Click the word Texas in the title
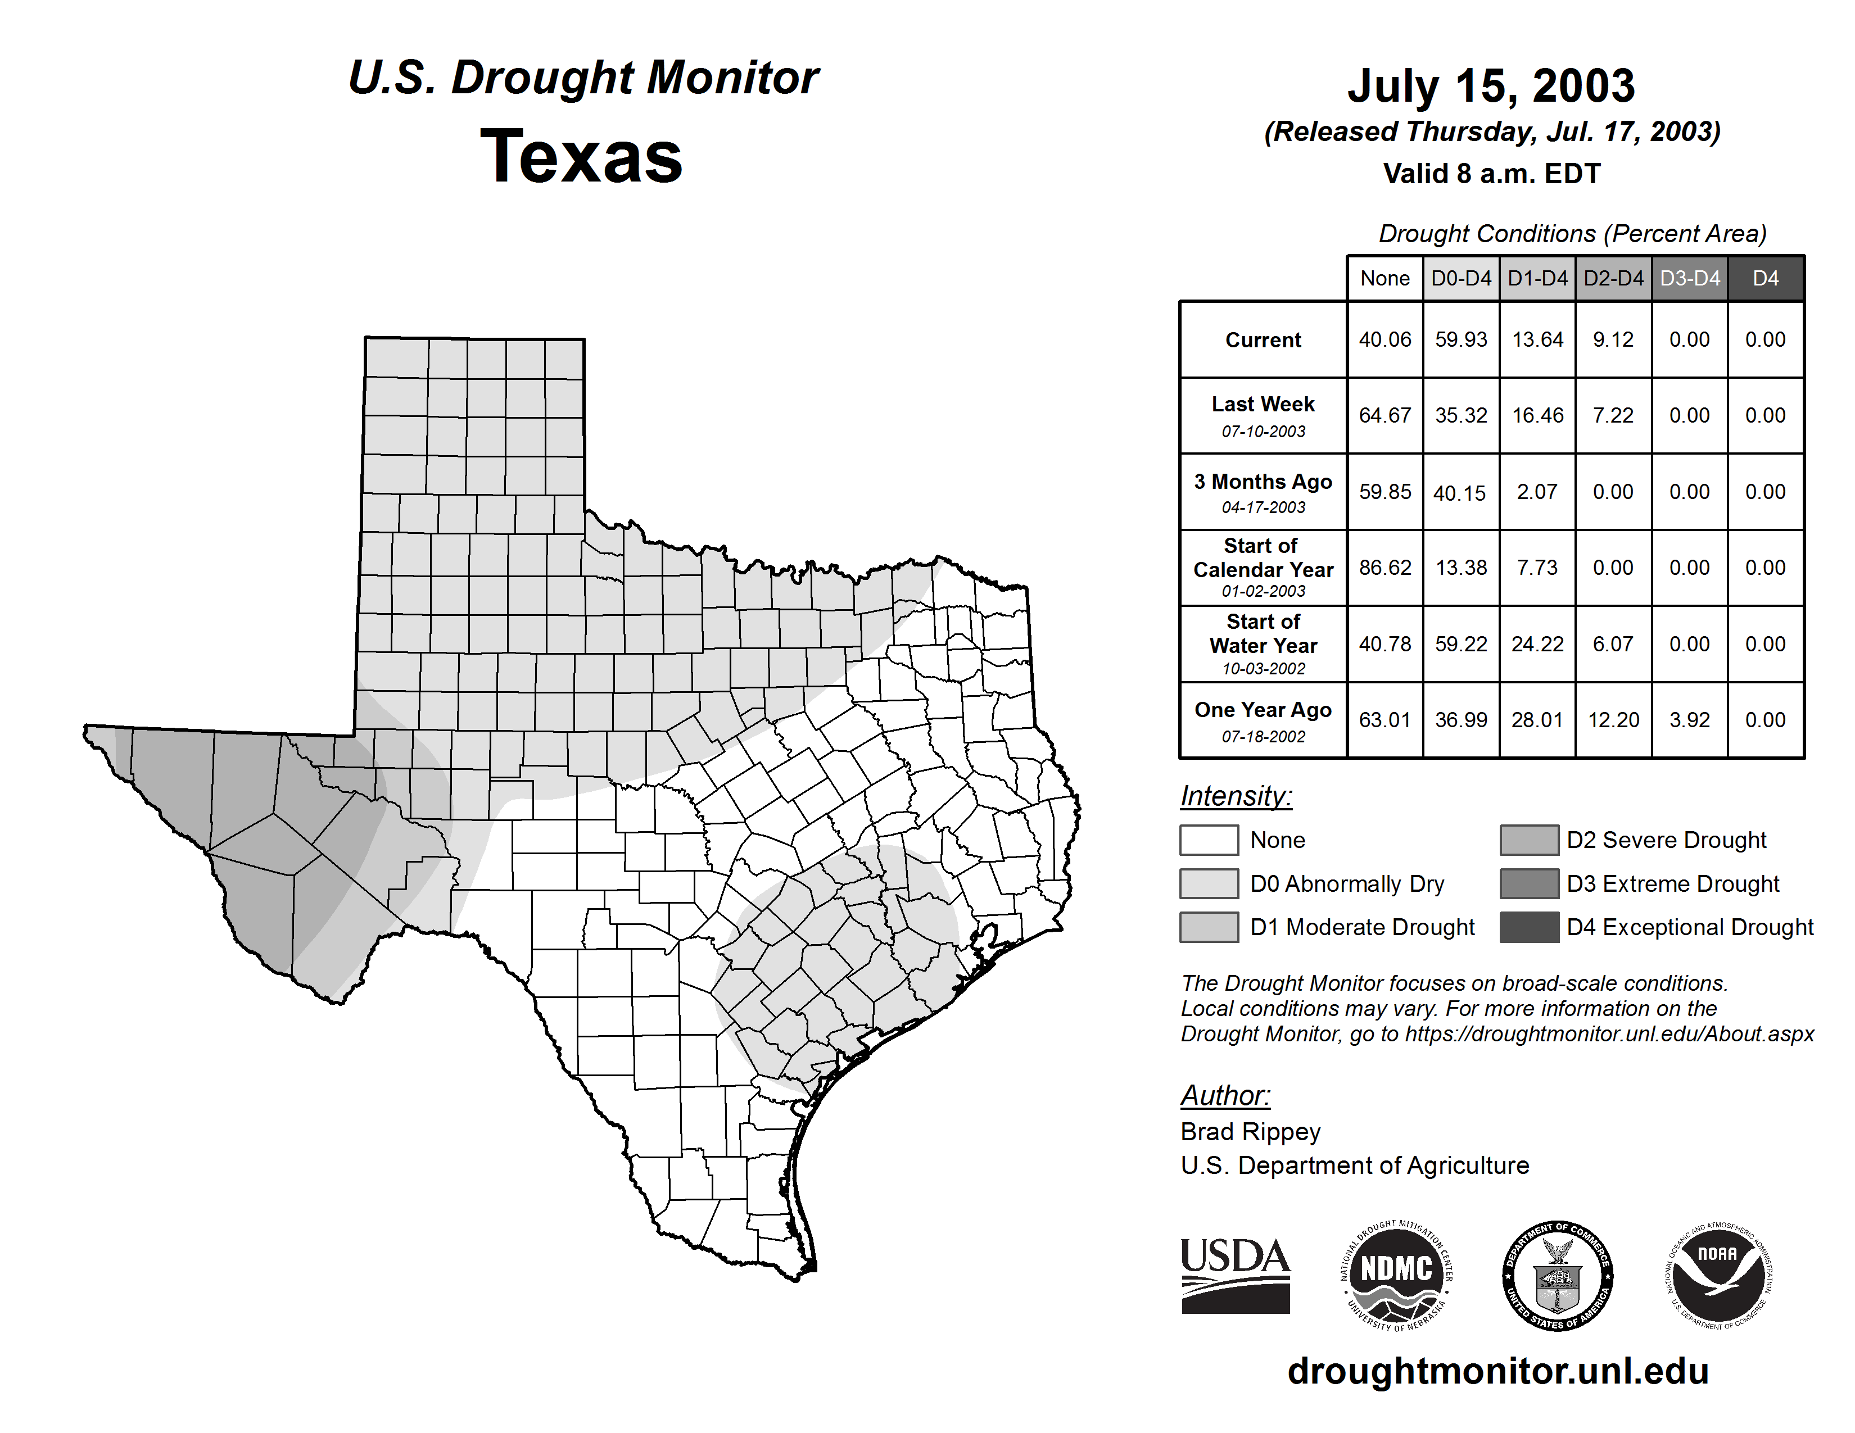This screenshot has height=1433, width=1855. click(581, 157)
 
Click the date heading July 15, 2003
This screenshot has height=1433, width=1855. click(1491, 86)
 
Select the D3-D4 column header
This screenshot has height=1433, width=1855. click(1689, 278)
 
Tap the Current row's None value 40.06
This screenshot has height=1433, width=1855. click(1385, 339)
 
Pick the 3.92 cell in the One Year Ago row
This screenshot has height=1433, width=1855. click(1689, 720)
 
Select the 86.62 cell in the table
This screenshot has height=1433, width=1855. click(1385, 567)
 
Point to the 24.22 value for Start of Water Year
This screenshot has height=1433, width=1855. click(1537, 643)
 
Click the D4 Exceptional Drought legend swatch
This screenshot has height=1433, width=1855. click(1529, 927)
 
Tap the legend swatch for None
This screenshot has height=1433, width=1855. click(1209, 840)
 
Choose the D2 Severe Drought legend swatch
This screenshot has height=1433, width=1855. click(1529, 840)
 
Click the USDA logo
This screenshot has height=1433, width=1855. click(1235, 1275)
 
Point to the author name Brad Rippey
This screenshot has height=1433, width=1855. click(1250, 1132)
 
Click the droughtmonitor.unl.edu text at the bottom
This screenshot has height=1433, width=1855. click(1498, 1371)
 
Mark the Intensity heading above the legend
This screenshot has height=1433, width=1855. click(1236, 796)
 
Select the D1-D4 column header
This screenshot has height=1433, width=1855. click(1537, 278)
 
